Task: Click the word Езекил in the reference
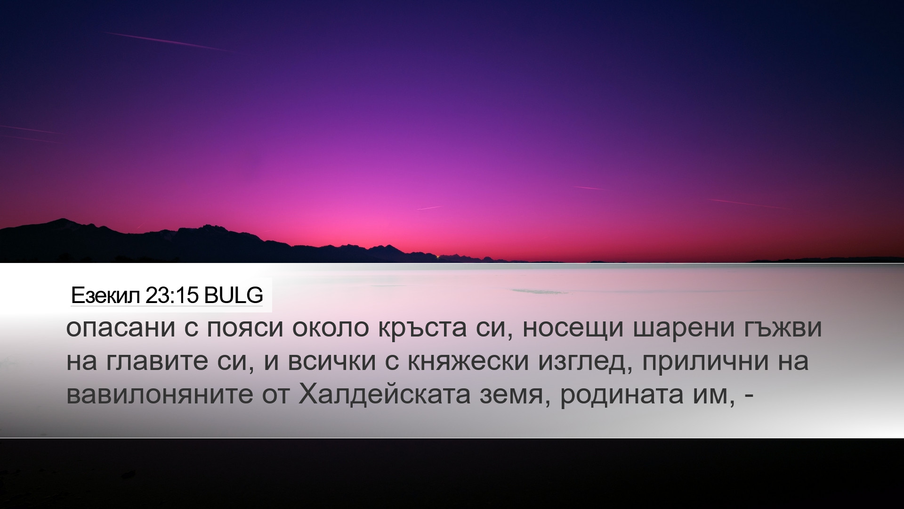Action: [x=105, y=296]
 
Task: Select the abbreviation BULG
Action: [x=234, y=296]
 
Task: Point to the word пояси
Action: [x=243, y=329]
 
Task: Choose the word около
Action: [x=331, y=329]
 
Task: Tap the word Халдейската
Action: [x=384, y=394]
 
